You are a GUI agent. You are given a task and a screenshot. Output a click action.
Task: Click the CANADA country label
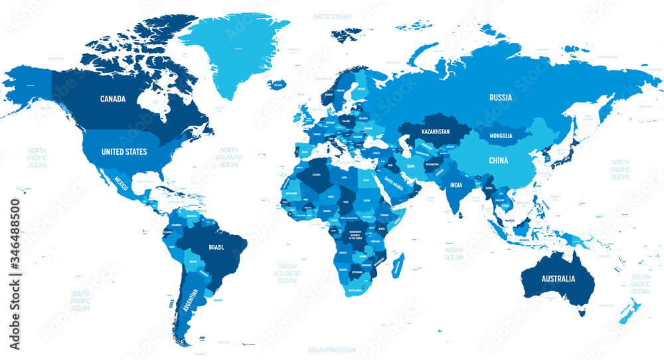(113, 99)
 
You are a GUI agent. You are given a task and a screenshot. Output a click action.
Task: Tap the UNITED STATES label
(124, 152)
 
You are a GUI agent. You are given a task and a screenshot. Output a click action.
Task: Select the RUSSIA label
(501, 97)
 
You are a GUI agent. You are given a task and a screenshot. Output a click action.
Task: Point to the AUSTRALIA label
(558, 278)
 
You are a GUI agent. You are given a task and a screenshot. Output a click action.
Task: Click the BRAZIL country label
(216, 247)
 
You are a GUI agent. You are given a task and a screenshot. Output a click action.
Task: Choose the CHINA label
(499, 161)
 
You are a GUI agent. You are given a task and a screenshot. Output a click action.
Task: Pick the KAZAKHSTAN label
(435, 132)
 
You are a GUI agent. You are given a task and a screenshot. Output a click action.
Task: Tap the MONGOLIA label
(501, 136)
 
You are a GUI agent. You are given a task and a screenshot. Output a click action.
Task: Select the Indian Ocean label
(454, 253)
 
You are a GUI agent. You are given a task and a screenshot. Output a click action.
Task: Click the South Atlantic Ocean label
(287, 272)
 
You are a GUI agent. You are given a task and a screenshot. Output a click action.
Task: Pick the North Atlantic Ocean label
(228, 157)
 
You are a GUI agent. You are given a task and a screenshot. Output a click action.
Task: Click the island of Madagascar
(398, 264)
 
